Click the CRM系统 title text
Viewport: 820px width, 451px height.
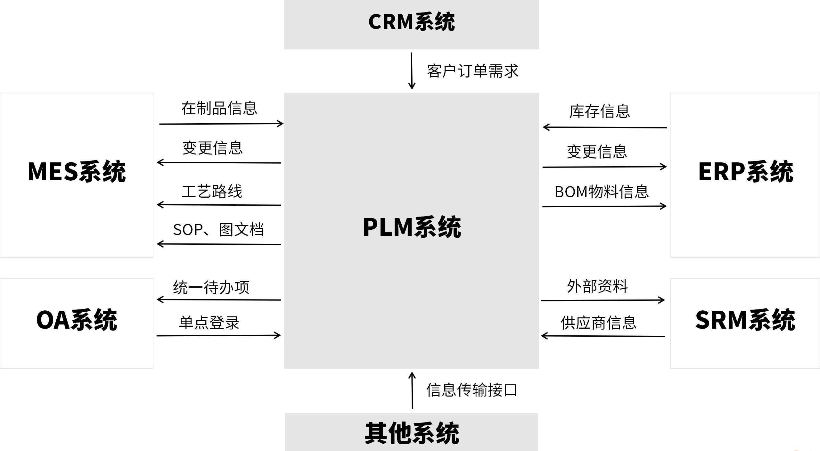coord(412,22)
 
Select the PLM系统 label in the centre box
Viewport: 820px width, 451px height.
coord(412,227)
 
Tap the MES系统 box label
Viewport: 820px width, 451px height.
coord(77,172)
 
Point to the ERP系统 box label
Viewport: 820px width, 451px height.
coord(745,172)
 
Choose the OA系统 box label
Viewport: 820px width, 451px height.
coord(77,320)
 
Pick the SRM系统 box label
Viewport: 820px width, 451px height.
coord(745,320)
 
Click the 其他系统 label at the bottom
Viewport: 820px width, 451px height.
coord(412,433)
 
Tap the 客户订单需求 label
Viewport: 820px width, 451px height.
coord(472,71)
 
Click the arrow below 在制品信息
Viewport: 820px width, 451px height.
coord(221,124)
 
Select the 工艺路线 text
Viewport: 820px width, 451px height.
coord(212,191)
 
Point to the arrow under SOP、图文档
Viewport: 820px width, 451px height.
coord(219,244)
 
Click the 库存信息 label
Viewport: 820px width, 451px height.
coord(599,111)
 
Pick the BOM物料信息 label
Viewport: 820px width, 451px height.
coord(602,192)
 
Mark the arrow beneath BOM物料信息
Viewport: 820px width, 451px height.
coord(604,206)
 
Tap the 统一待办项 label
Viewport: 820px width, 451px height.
coord(211,287)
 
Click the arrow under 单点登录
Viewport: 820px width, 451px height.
coord(218,336)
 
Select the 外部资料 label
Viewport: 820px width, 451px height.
coord(597,286)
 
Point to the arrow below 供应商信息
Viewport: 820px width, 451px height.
coord(603,336)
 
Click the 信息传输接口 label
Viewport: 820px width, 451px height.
coord(471,390)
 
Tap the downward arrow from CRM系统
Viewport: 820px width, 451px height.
coord(412,71)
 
